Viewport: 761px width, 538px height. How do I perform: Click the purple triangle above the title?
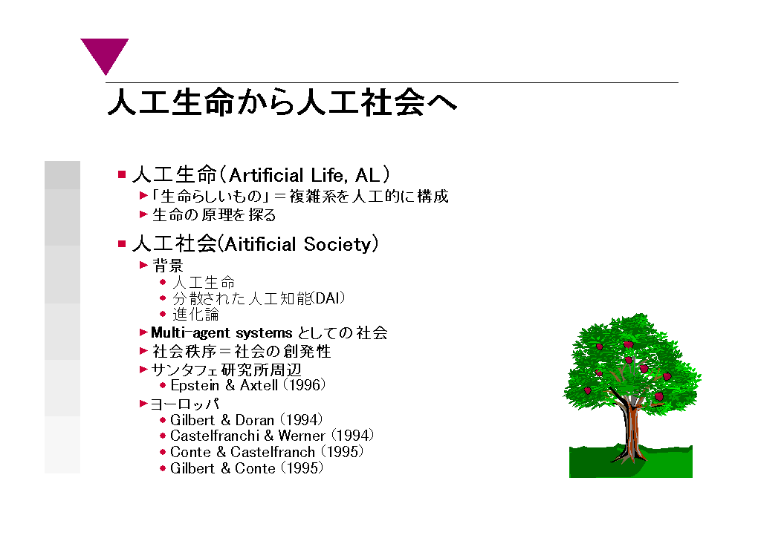pos(104,53)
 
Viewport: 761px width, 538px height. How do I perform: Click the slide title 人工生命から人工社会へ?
pos(282,102)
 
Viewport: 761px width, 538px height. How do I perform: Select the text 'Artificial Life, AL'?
pos(304,175)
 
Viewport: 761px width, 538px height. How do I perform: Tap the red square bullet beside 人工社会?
pos(122,243)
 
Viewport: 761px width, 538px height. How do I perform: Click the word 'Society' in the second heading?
pos(337,244)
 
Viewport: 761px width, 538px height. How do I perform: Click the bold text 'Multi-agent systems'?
pos(221,333)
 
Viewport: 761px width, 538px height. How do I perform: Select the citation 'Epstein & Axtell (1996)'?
pos(247,385)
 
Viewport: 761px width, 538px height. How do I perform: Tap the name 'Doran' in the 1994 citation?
pos(255,420)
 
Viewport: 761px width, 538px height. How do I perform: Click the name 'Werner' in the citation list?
pos(302,436)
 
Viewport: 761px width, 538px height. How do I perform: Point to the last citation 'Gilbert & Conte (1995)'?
pos(247,468)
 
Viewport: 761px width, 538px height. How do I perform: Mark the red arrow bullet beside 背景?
pos(143,265)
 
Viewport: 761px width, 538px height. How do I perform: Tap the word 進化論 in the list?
pos(195,314)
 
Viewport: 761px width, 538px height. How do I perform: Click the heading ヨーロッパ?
pos(185,404)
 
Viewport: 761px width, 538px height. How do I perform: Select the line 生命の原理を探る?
pos(214,214)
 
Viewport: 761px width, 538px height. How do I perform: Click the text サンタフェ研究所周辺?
pos(226,370)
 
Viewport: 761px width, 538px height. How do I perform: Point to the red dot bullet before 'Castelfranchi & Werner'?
pos(163,436)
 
